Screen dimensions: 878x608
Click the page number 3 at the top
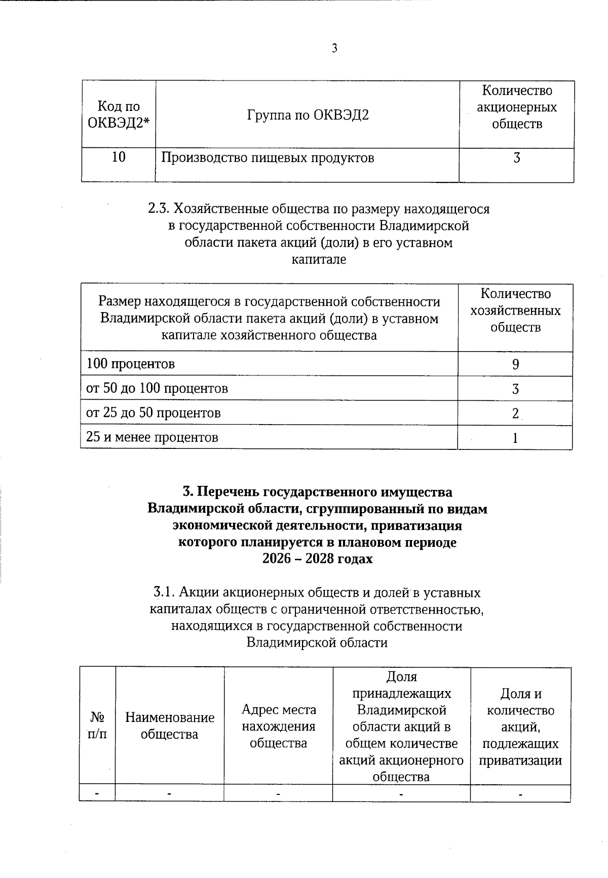334,49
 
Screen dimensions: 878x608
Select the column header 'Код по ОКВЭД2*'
119,114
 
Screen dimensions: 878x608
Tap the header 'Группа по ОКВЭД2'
308,115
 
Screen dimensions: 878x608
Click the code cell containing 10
119,157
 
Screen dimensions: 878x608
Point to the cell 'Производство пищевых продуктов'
268,158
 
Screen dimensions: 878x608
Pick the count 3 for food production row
516,158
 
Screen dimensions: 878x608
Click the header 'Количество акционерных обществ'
516,107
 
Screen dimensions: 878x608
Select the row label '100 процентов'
131,364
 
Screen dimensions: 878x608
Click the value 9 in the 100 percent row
515,365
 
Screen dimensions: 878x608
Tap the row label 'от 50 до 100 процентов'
157,389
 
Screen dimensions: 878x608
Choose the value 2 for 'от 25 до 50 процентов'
515,413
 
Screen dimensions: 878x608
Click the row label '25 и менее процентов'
152,437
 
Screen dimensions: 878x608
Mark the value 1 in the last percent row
515,438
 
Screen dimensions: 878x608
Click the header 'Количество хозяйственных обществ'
515,311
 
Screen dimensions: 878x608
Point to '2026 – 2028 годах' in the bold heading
317,559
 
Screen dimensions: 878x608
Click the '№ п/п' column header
97,726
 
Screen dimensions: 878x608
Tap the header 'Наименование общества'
170,726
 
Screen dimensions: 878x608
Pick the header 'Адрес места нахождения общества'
278,726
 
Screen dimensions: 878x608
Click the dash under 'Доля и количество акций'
520,794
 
